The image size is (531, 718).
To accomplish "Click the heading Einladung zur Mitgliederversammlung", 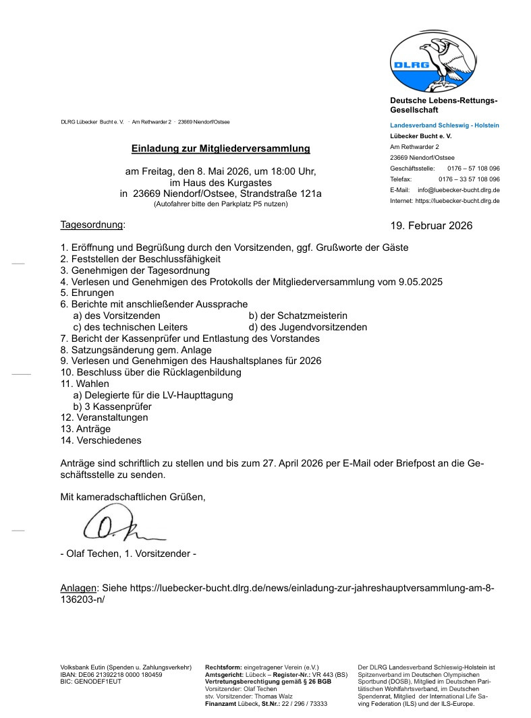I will pyautogui.click(x=221, y=148).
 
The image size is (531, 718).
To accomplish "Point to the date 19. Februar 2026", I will pyautogui.click(x=431, y=225).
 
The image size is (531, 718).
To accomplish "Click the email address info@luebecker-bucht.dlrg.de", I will pyautogui.click(x=459, y=190).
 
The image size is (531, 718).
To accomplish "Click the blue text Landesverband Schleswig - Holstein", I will pyautogui.click(x=445, y=125).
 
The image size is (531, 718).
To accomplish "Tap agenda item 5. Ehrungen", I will pyautogui.click(x=87, y=293).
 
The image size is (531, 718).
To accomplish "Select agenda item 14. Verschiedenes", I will pyautogui.click(x=101, y=440).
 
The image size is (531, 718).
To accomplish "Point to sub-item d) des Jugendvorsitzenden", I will pyautogui.click(x=308, y=327).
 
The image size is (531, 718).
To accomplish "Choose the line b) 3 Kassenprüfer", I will pyautogui.click(x=112, y=407).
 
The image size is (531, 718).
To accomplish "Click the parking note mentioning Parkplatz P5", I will pyautogui.click(x=221, y=204).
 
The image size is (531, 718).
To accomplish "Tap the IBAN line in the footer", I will pyautogui.click(x=111, y=674).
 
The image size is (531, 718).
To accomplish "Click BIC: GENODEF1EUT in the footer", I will pyautogui.click(x=91, y=682).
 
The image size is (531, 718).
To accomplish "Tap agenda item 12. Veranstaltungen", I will pyautogui.click(x=104, y=417).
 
